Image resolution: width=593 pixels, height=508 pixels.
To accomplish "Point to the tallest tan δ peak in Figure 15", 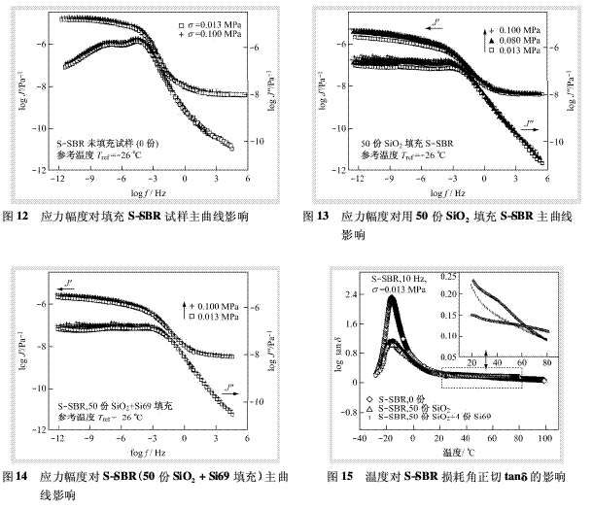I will click(392, 297).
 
